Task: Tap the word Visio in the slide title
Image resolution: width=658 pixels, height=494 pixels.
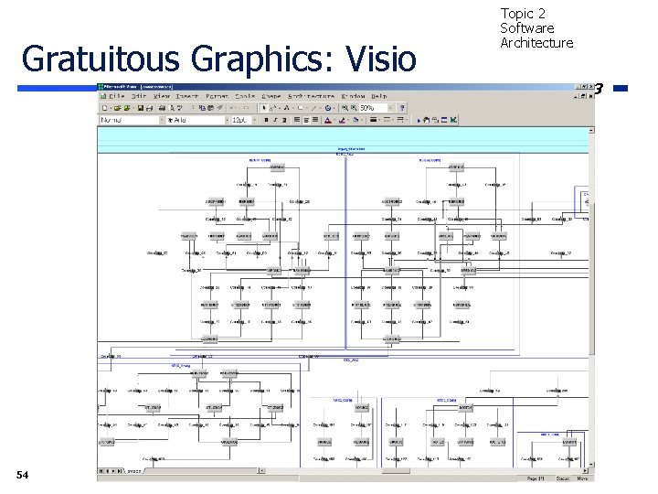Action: [x=383, y=58]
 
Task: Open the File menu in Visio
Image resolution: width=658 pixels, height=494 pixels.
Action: [x=115, y=96]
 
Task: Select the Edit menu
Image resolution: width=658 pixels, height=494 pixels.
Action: [x=139, y=96]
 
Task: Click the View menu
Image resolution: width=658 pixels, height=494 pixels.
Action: [x=162, y=96]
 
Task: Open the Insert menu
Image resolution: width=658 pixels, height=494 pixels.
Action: [x=187, y=96]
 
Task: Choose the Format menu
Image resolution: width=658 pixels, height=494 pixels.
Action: [x=217, y=96]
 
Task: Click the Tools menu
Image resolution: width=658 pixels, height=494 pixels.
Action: [x=244, y=96]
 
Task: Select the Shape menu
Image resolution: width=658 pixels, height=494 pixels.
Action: [x=271, y=96]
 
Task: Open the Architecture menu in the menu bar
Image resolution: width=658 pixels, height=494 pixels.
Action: [x=311, y=96]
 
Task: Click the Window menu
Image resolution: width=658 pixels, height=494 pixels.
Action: [x=353, y=96]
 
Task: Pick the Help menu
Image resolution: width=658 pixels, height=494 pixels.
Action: [x=378, y=96]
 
